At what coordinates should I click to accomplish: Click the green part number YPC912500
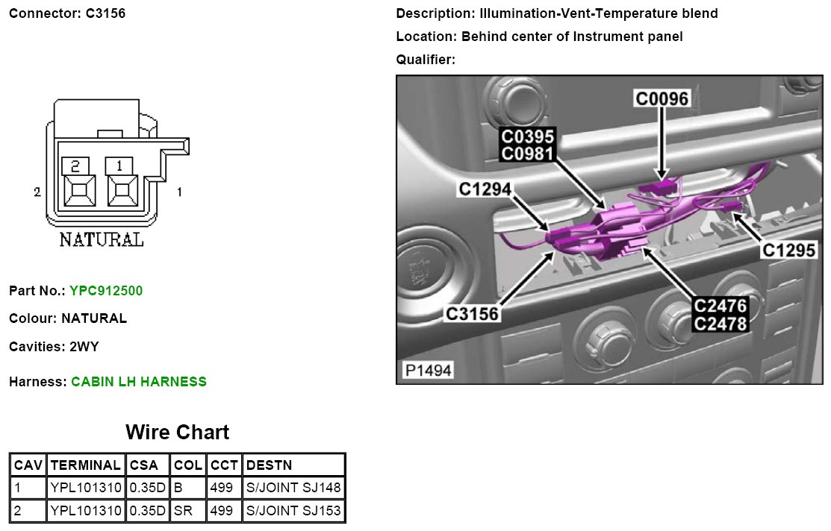click(105, 290)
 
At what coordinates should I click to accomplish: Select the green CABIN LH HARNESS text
click(139, 382)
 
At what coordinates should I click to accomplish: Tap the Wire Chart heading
click(177, 432)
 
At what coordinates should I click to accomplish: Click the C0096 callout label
click(662, 98)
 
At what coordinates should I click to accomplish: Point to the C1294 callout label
click(485, 190)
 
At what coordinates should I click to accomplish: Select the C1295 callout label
click(789, 251)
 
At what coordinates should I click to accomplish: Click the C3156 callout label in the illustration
click(472, 314)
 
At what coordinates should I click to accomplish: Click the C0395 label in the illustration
click(527, 137)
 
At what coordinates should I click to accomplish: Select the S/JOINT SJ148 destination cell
click(293, 488)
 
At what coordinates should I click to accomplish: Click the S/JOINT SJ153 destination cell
click(293, 511)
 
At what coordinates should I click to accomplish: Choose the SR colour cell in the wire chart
click(183, 511)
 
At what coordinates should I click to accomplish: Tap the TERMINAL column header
click(85, 465)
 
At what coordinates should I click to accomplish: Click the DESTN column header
click(269, 465)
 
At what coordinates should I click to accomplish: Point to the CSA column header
click(144, 465)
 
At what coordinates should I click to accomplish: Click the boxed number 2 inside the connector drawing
click(75, 165)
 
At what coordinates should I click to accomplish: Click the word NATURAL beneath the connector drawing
click(102, 240)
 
